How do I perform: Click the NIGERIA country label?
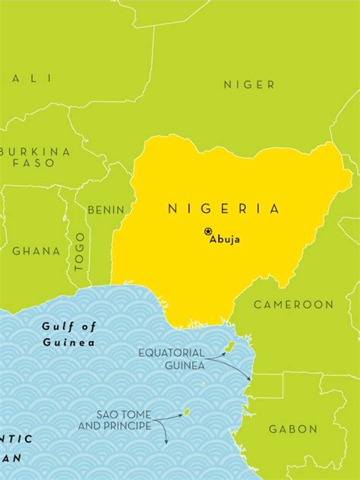[x=223, y=208]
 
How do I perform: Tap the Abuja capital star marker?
[x=208, y=232]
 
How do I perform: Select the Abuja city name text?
[x=226, y=240]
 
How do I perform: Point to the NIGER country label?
[x=249, y=85]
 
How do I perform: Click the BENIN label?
[x=106, y=210]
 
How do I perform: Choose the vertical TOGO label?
[x=81, y=251]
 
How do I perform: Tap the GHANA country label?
[x=36, y=251]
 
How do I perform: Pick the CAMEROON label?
[x=293, y=305]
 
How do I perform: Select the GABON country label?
[x=292, y=429]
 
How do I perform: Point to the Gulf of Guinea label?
[x=69, y=334]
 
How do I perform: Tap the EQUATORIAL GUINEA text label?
[x=172, y=359]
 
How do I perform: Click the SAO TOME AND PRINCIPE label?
[x=124, y=420]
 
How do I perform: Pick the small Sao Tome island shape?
[x=185, y=413]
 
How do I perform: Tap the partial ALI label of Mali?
[x=33, y=78]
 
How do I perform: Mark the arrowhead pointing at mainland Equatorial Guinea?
[x=249, y=381]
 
